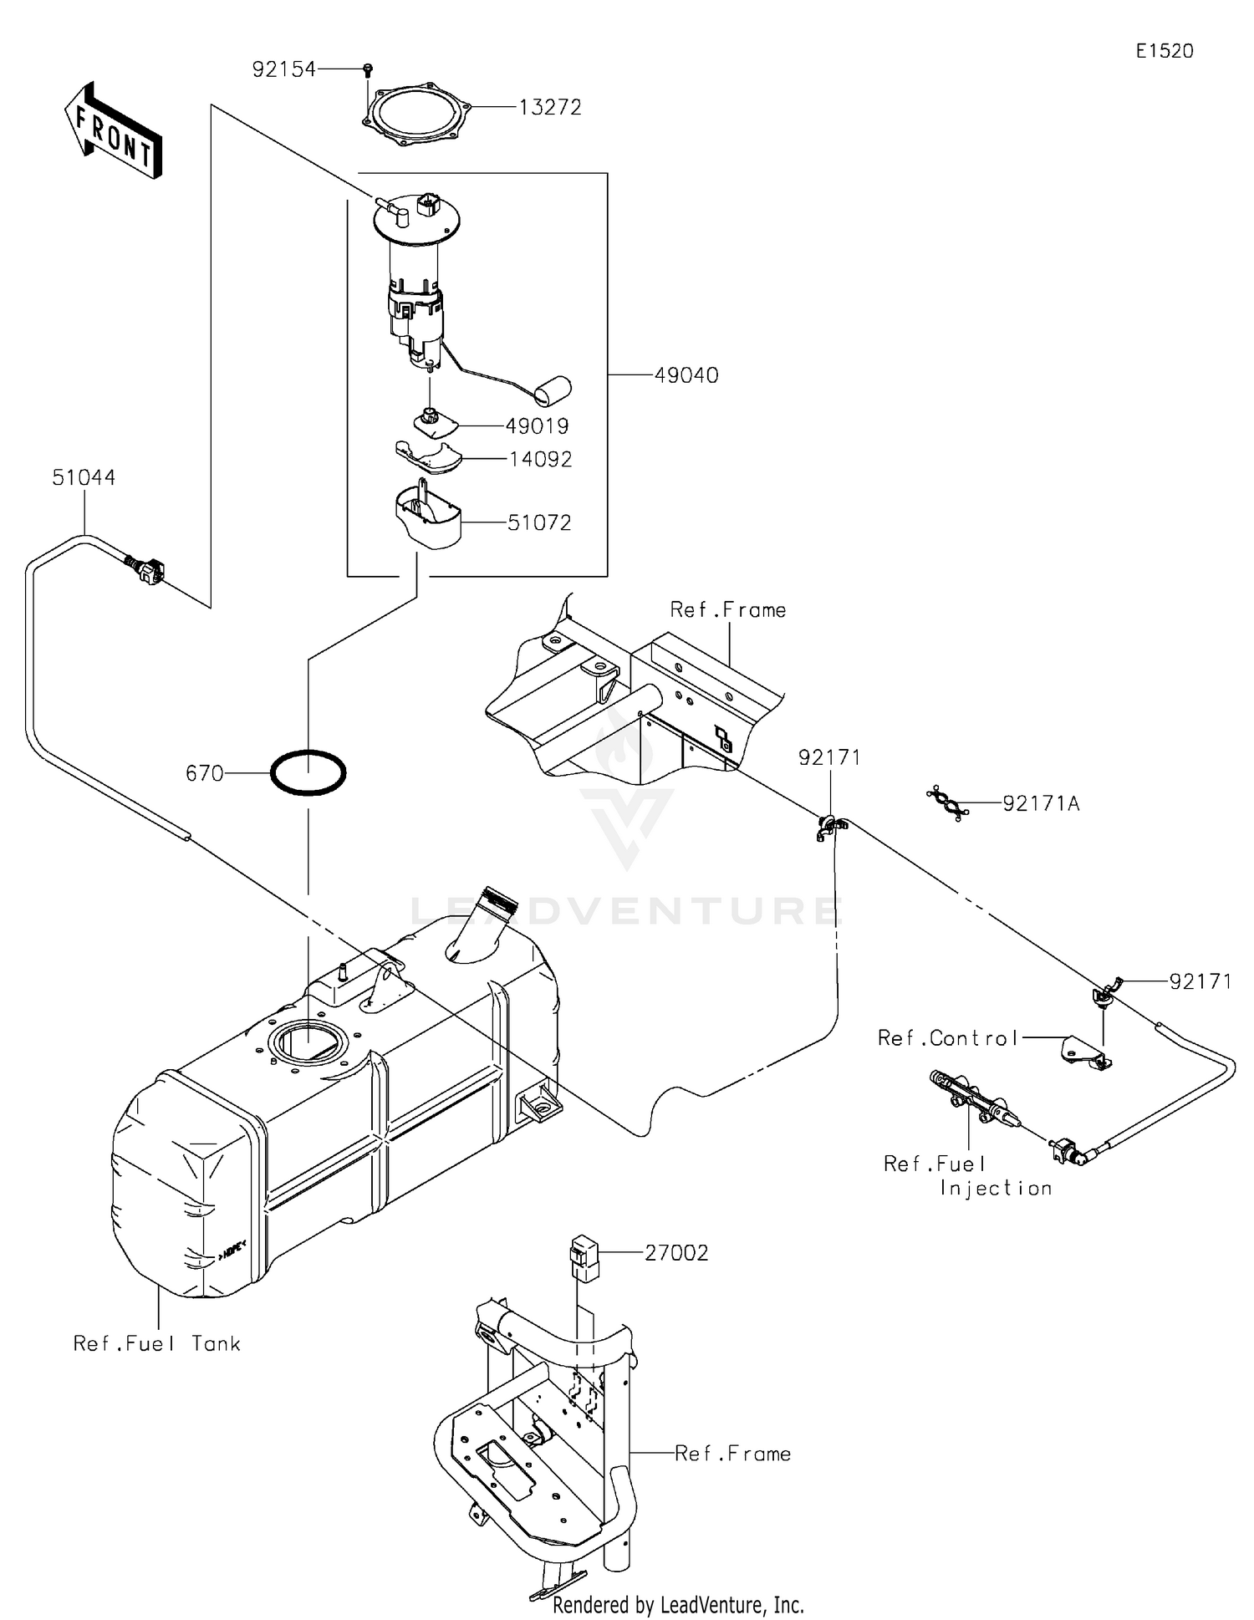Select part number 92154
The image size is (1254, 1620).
pyautogui.click(x=283, y=69)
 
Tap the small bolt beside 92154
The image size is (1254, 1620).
pyautogui.click(x=368, y=69)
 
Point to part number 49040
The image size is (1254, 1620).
pyautogui.click(x=686, y=375)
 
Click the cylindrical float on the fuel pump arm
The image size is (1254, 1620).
pyautogui.click(x=552, y=389)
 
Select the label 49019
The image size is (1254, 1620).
pyautogui.click(x=537, y=426)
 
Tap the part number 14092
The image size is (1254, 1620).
pyautogui.click(x=540, y=459)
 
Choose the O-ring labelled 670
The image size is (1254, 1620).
pyautogui.click(x=308, y=772)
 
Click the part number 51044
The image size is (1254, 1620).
pyautogui.click(x=84, y=477)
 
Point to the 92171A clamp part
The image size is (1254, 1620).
pyautogui.click(x=948, y=802)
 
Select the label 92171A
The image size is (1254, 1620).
pyautogui.click(x=1041, y=803)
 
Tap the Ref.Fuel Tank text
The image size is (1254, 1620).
pyautogui.click(x=156, y=1343)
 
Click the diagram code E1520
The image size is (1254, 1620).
pyautogui.click(x=1164, y=51)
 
